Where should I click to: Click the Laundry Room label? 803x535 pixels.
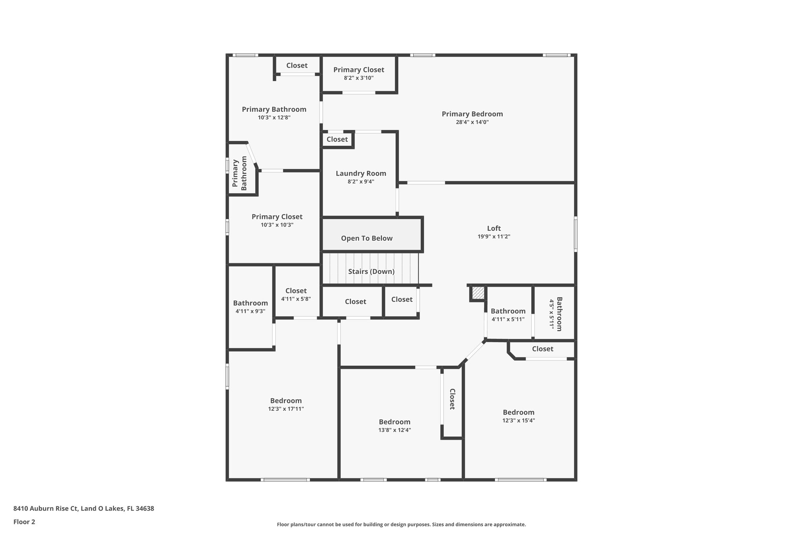361,173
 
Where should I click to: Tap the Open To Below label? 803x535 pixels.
367,238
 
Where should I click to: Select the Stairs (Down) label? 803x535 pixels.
371,272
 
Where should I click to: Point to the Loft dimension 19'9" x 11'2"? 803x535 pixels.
494,237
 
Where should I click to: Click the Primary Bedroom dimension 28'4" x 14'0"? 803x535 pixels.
472,122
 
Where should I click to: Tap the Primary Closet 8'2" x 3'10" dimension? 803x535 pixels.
358,78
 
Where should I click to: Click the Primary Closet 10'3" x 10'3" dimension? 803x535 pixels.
277,225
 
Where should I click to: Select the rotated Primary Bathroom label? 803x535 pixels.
239,173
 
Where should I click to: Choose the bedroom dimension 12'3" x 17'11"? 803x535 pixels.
286,409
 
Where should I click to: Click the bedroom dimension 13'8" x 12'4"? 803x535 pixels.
394,430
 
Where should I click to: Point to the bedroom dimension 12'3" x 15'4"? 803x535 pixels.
518,421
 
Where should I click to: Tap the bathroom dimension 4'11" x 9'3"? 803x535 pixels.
250,311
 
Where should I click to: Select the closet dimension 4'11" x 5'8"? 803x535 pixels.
296,299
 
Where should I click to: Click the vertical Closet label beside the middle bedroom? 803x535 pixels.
452,399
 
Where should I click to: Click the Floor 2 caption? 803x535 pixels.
24,522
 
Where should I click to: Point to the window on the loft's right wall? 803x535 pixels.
576,234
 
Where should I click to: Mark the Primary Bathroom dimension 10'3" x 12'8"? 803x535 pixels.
274,118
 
